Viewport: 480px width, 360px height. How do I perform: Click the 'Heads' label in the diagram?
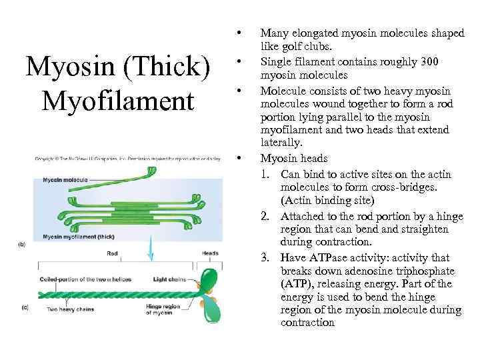coord(210,253)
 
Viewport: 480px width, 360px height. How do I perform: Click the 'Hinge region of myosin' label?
coord(172,309)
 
